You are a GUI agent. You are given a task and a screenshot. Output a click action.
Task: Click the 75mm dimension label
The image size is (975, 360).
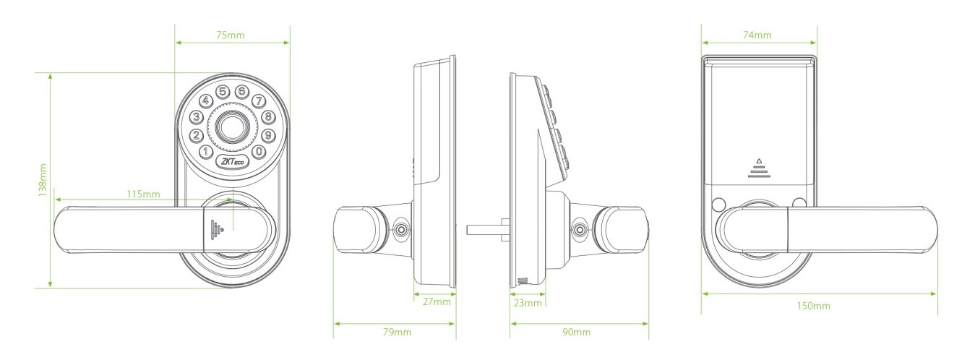click(x=231, y=35)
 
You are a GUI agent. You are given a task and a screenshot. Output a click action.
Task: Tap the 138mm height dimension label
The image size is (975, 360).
click(x=42, y=180)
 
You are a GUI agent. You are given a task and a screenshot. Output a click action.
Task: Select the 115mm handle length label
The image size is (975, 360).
click(x=143, y=194)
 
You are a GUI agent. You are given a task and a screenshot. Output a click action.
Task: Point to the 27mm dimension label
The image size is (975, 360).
click(x=437, y=301)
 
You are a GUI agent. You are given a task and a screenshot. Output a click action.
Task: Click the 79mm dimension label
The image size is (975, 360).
click(x=397, y=332)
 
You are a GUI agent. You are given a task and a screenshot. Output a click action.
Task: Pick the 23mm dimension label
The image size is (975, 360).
click(x=528, y=303)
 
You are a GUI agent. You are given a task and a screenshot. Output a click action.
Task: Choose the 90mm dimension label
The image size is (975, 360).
click(x=576, y=332)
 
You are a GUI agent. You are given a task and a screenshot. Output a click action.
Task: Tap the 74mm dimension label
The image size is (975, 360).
click(x=757, y=35)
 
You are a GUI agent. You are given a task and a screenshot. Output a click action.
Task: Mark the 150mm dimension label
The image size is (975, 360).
click(x=814, y=306)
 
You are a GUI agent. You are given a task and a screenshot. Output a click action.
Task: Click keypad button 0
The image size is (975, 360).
click(x=259, y=152)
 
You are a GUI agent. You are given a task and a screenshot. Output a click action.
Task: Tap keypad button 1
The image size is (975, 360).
click(x=205, y=153)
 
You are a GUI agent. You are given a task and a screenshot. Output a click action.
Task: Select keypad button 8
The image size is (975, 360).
click(x=268, y=116)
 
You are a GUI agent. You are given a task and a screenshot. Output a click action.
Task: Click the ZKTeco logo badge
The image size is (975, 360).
click(x=233, y=161)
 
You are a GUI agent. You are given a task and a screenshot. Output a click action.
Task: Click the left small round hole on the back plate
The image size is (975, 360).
click(x=718, y=204)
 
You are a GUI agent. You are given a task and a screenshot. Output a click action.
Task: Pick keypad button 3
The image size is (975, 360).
click(x=197, y=116)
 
